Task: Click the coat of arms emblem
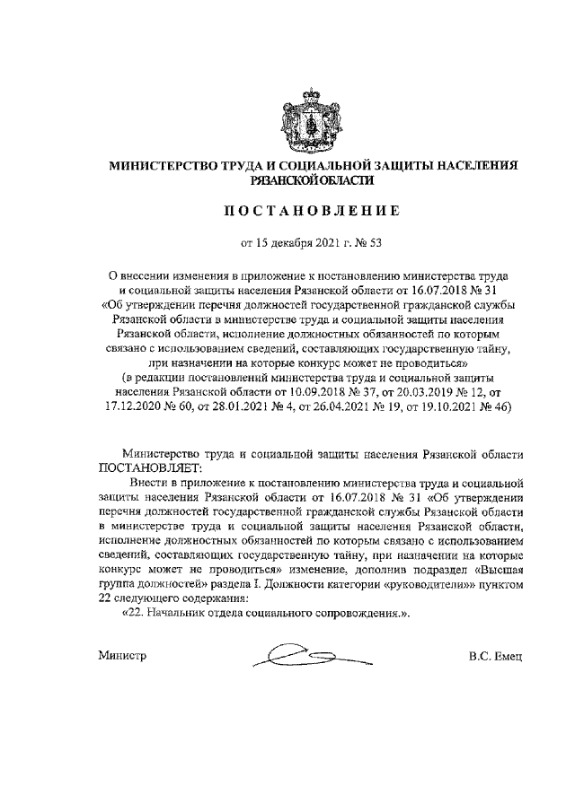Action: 308,118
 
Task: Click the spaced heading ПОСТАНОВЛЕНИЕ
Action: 308,211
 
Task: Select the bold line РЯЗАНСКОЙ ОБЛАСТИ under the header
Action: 308,181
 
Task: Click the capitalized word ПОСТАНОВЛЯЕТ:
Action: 151,469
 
